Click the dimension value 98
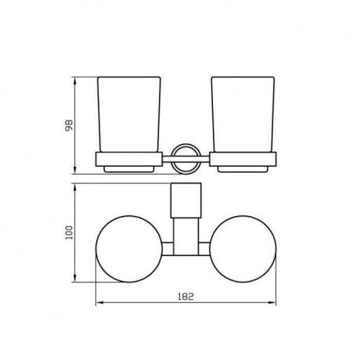[x=69, y=125]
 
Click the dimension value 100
[x=69, y=232]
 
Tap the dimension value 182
[x=185, y=297]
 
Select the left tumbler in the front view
[x=129, y=114]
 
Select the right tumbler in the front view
[x=243, y=114]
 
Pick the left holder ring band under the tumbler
[x=129, y=159]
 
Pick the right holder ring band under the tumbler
[x=243, y=159]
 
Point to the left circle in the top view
[x=96, y=249]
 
